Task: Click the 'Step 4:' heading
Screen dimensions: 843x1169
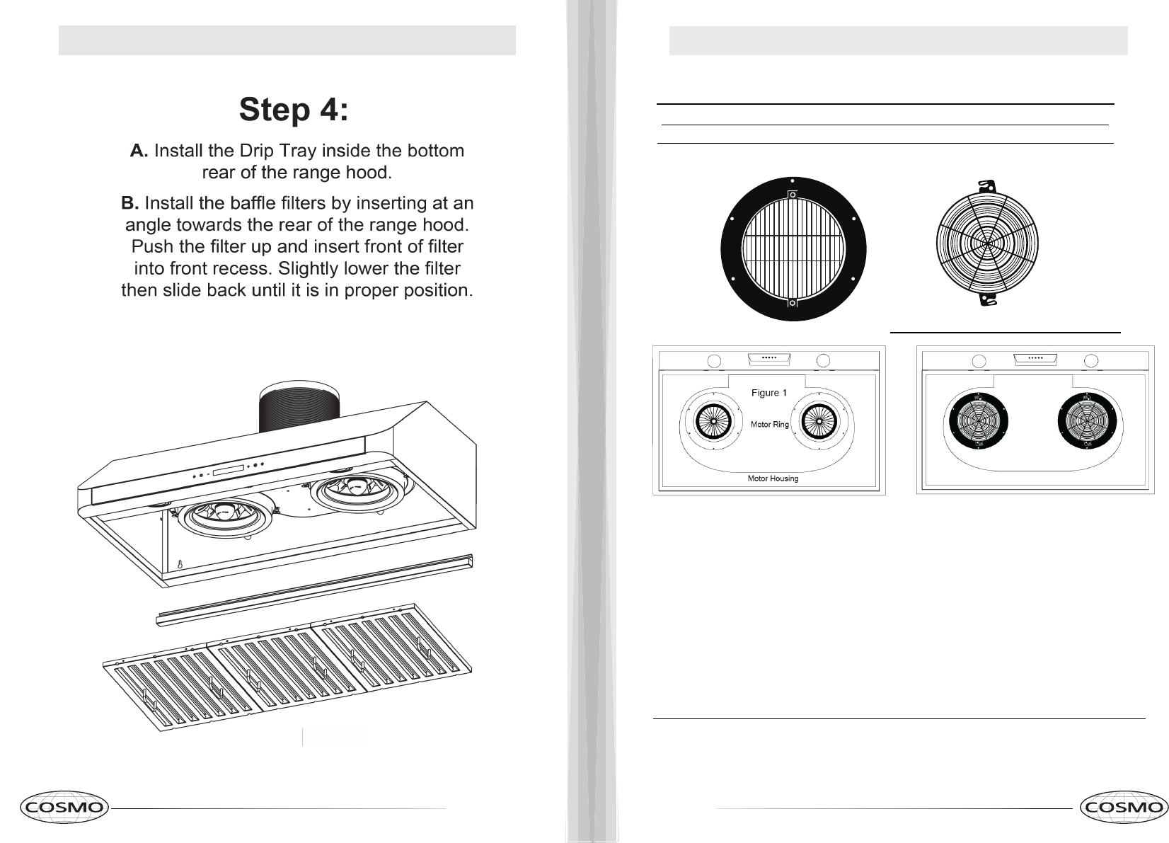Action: click(x=293, y=110)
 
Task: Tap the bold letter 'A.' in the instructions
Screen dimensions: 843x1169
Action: click(x=139, y=151)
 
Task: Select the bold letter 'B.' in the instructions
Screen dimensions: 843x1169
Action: click(x=130, y=204)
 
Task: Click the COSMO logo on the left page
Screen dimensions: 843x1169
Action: click(x=64, y=807)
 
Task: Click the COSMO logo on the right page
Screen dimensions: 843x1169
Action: click(x=1124, y=808)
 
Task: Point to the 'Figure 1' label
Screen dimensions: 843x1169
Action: click(x=768, y=393)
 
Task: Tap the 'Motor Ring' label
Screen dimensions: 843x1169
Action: click(x=769, y=425)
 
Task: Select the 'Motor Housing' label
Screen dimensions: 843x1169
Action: click(x=773, y=478)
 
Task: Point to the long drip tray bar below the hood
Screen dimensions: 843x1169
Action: click(x=315, y=589)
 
